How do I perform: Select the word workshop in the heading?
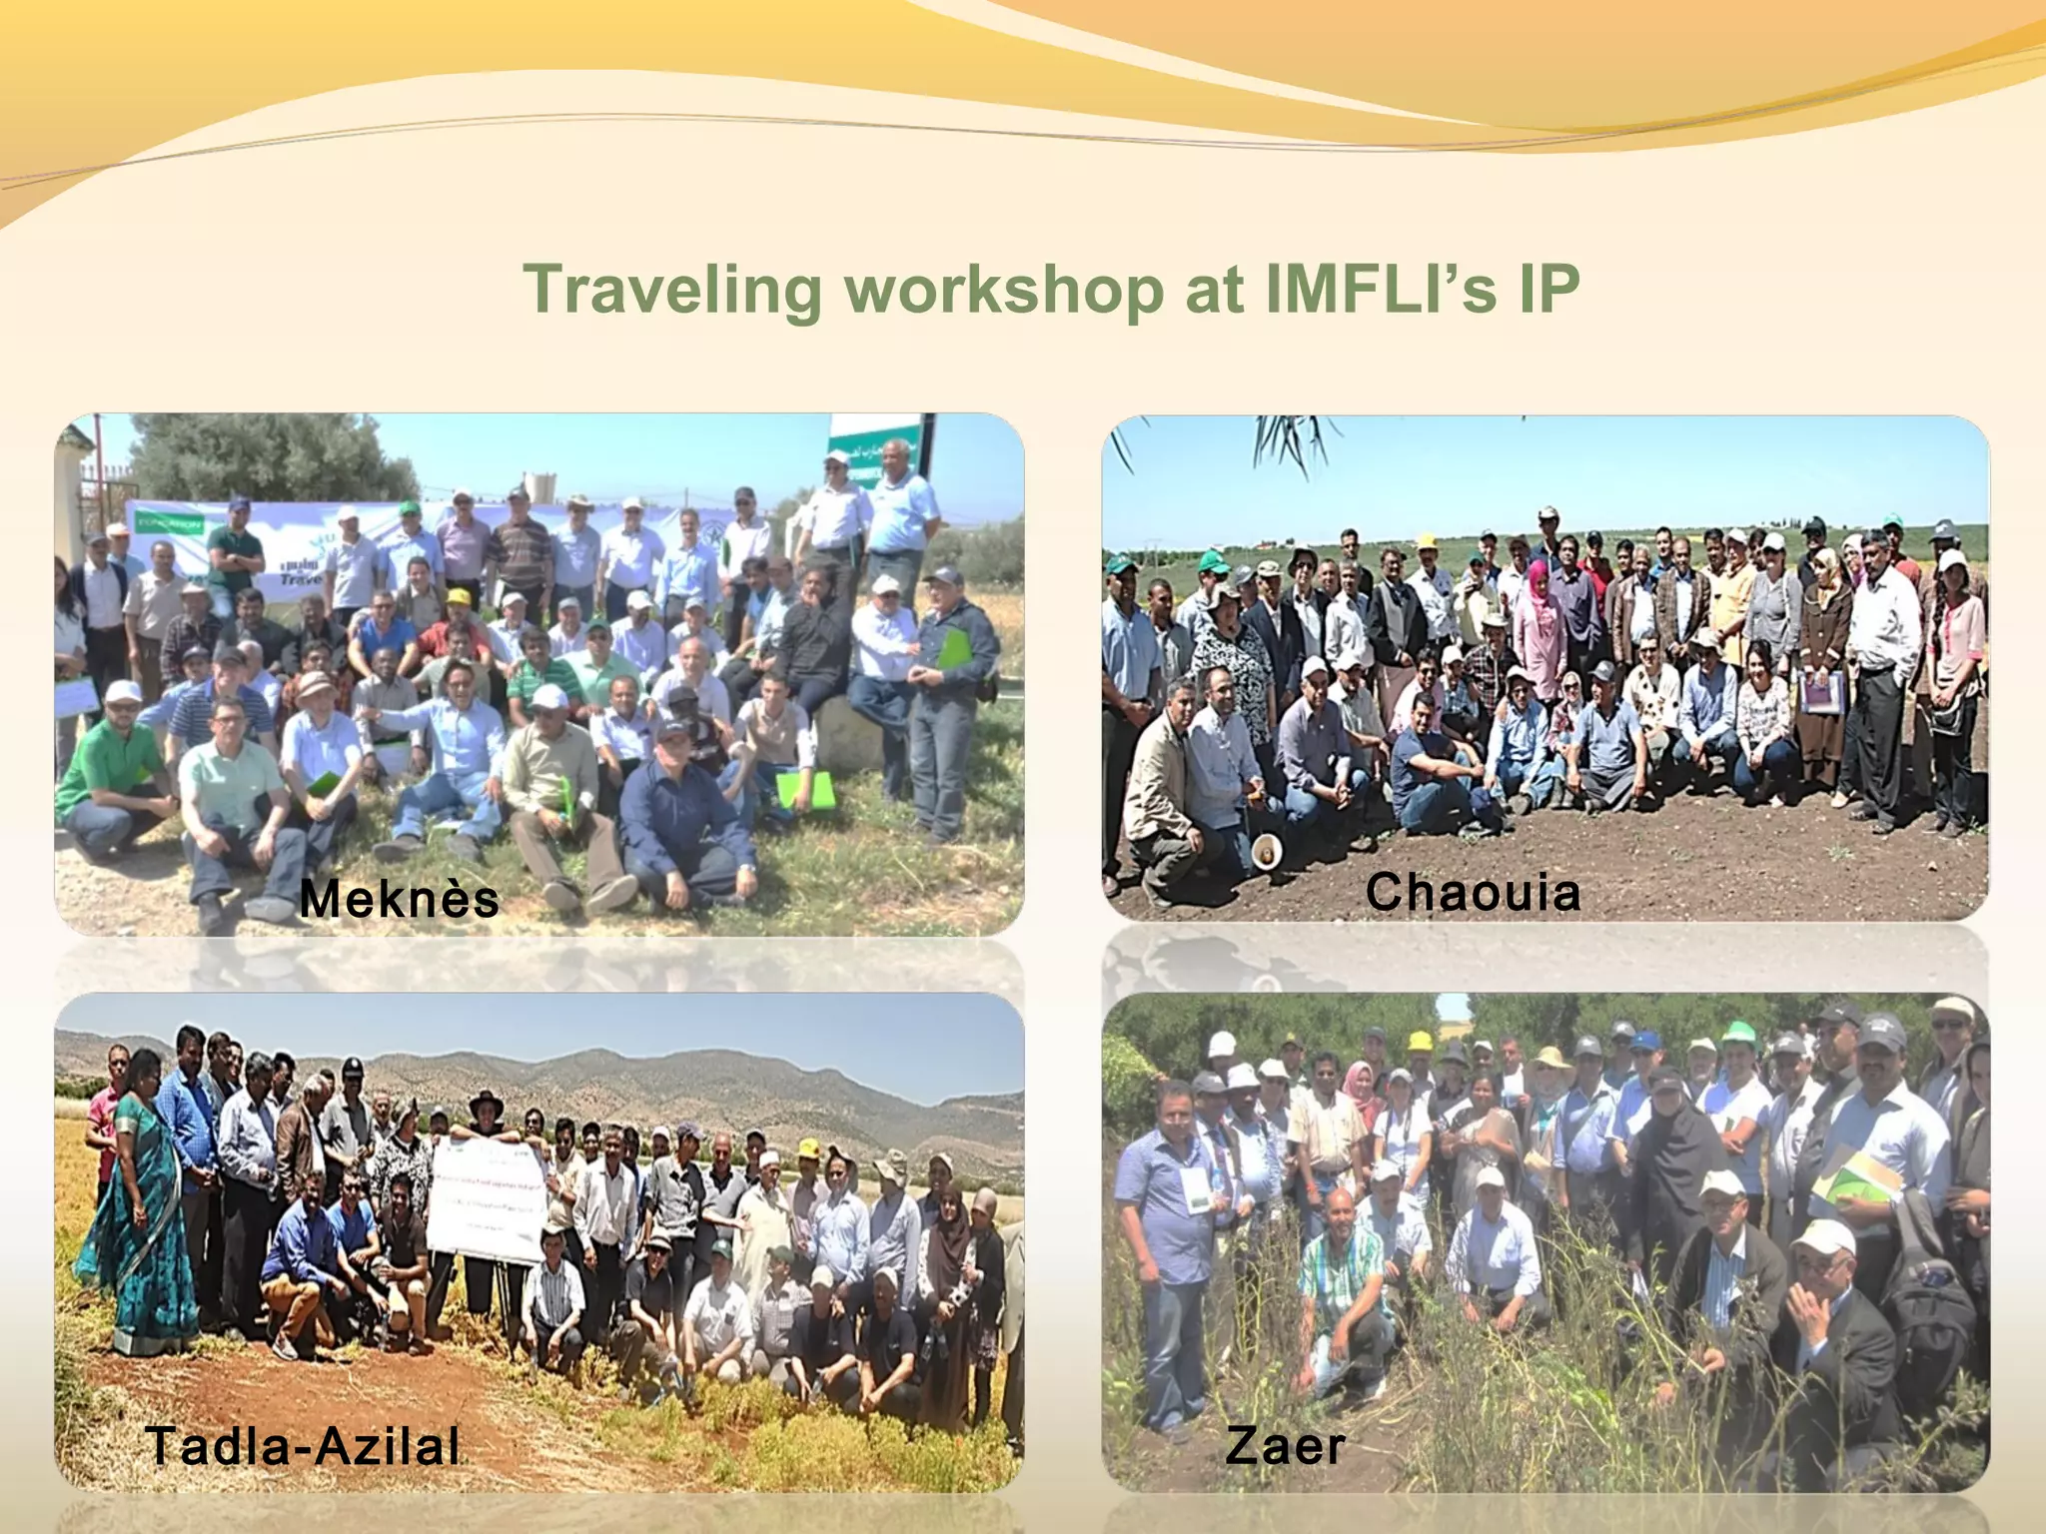tap(1004, 290)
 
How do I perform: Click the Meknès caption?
tap(399, 898)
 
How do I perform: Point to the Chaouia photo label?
tap(1473, 892)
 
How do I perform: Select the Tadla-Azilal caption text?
tap(303, 1445)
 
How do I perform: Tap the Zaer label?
tap(1285, 1445)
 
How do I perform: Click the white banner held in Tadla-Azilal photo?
tap(487, 1198)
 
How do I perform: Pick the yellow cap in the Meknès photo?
tap(459, 597)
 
